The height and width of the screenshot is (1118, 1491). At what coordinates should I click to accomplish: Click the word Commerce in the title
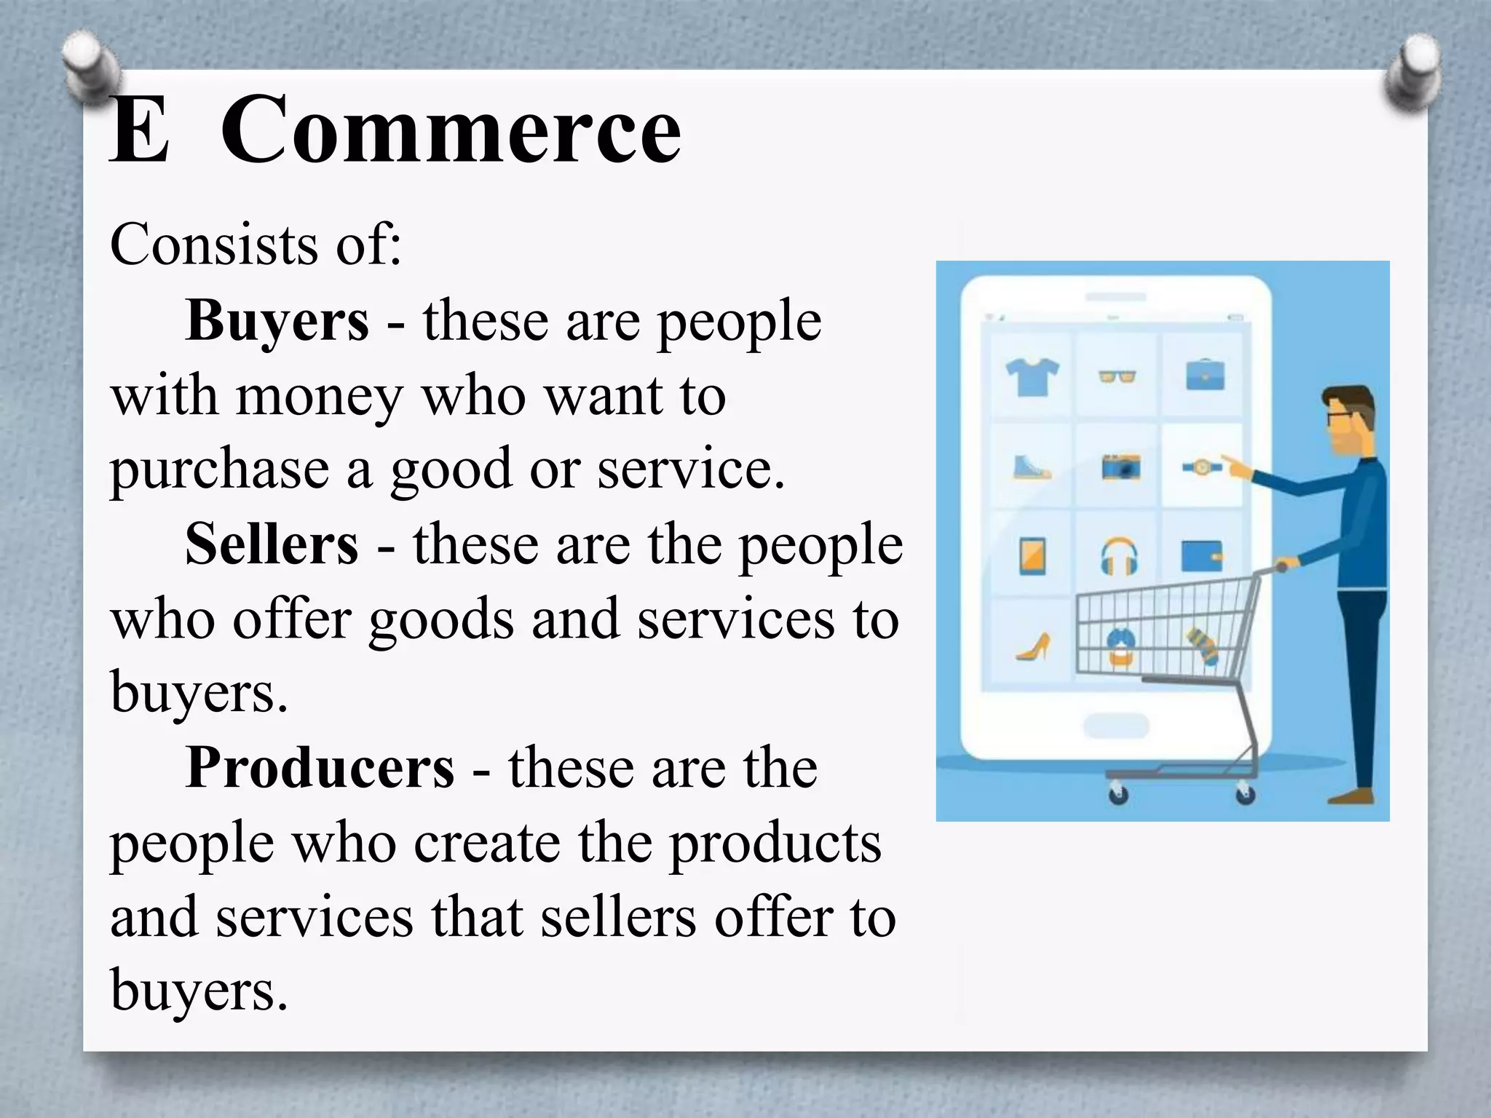click(x=451, y=131)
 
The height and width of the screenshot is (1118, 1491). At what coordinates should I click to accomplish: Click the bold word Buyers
click(x=277, y=320)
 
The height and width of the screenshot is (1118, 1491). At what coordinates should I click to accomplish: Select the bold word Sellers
click(x=272, y=544)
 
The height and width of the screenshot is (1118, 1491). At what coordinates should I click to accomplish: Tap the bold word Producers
click(x=320, y=768)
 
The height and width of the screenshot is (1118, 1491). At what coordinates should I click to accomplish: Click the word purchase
click(x=219, y=470)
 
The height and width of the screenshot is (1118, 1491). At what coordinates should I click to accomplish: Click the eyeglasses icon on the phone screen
click(x=1118, y=376)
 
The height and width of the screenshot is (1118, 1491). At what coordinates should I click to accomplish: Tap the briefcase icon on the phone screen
click(x=1204, y=376)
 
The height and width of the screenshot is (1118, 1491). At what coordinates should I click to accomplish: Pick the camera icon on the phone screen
click(x=1120, y=467)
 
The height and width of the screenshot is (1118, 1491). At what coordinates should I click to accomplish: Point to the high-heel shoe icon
click(x=1034, y=646)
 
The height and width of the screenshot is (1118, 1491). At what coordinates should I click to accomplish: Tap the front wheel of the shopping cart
click(x=1118, y=794)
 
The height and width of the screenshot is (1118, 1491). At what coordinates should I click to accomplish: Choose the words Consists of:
click(x=256, y=245)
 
